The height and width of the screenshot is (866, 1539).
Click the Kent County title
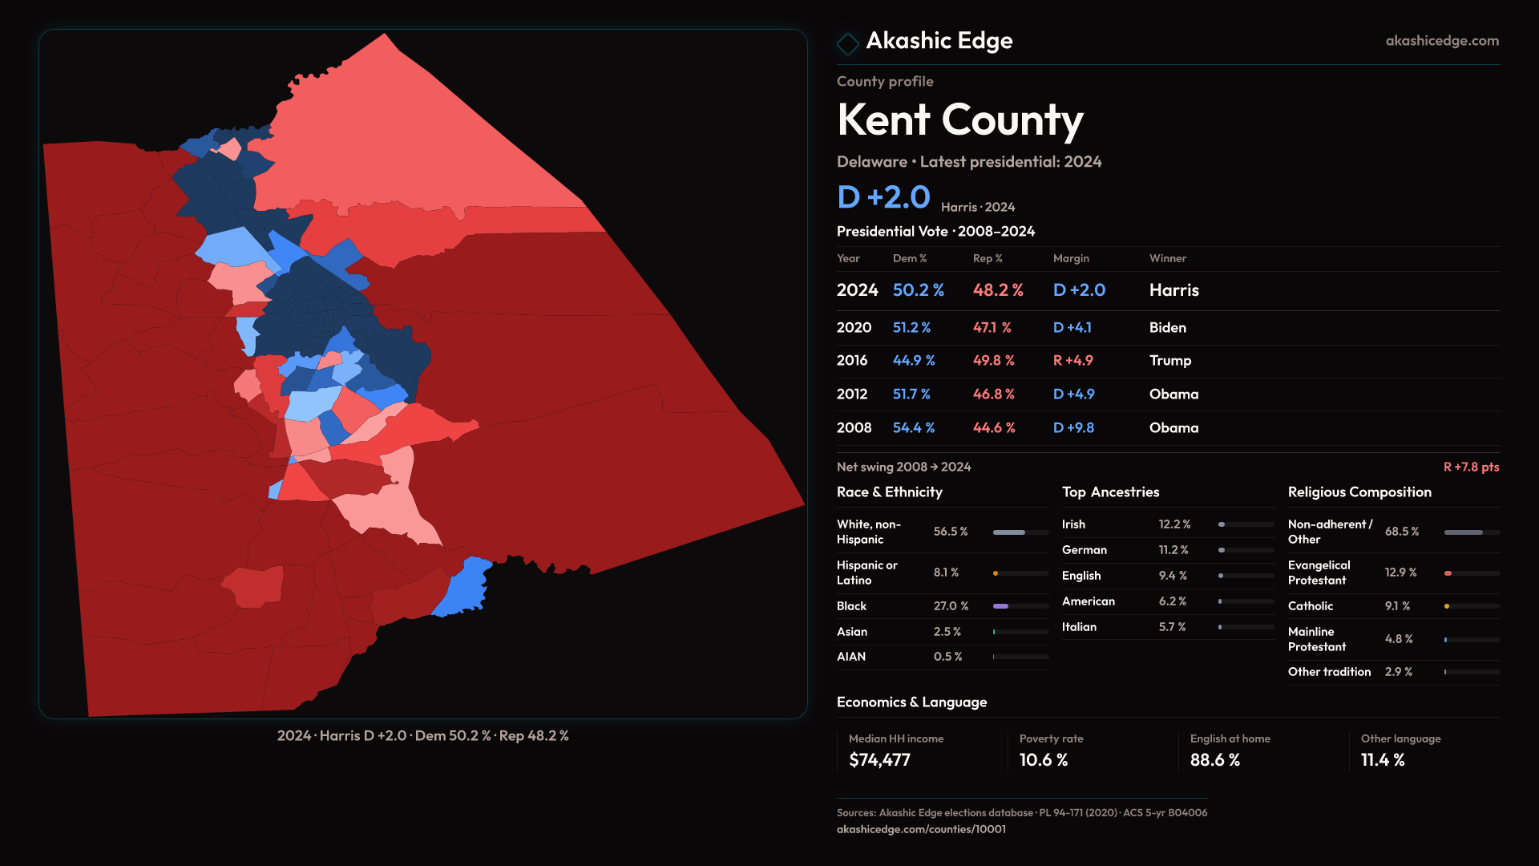click(x=959, y=120)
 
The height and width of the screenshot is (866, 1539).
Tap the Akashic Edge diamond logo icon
click(x=847, y=43)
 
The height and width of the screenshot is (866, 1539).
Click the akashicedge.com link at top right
click(x=1441, y=41)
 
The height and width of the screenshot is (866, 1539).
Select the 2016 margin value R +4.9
click(x=1072, y=361)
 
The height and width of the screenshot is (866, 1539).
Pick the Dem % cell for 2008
click(x=913, y=428)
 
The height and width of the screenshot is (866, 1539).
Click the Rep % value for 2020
click(x=992, y=328)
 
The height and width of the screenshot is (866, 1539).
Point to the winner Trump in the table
click(x=1169, y=361)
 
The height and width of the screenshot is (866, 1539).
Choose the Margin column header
click(x=1071, y=258)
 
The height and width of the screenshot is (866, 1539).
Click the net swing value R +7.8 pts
click(x=1470, y=467)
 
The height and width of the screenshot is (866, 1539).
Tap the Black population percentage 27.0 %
click(x=951, y=606)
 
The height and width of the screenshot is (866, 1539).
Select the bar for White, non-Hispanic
click(x=1020, y=532)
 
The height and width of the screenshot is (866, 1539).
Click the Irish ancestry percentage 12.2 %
click(x=1173, y=524)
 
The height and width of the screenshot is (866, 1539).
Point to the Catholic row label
click(x=1310, y=606)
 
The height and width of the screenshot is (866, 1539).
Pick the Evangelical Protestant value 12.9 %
click(x=1400, y=573)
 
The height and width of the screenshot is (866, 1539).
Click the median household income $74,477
click(x=879, y=760)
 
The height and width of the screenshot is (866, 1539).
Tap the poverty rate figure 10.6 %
click(x=1043, y=760)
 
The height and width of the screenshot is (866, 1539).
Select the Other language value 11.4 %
click(x=1382, y=760)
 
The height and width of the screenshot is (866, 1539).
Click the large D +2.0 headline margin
click(x=883, y=197)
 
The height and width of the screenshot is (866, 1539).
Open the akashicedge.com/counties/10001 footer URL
click(x=921, y=829)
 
